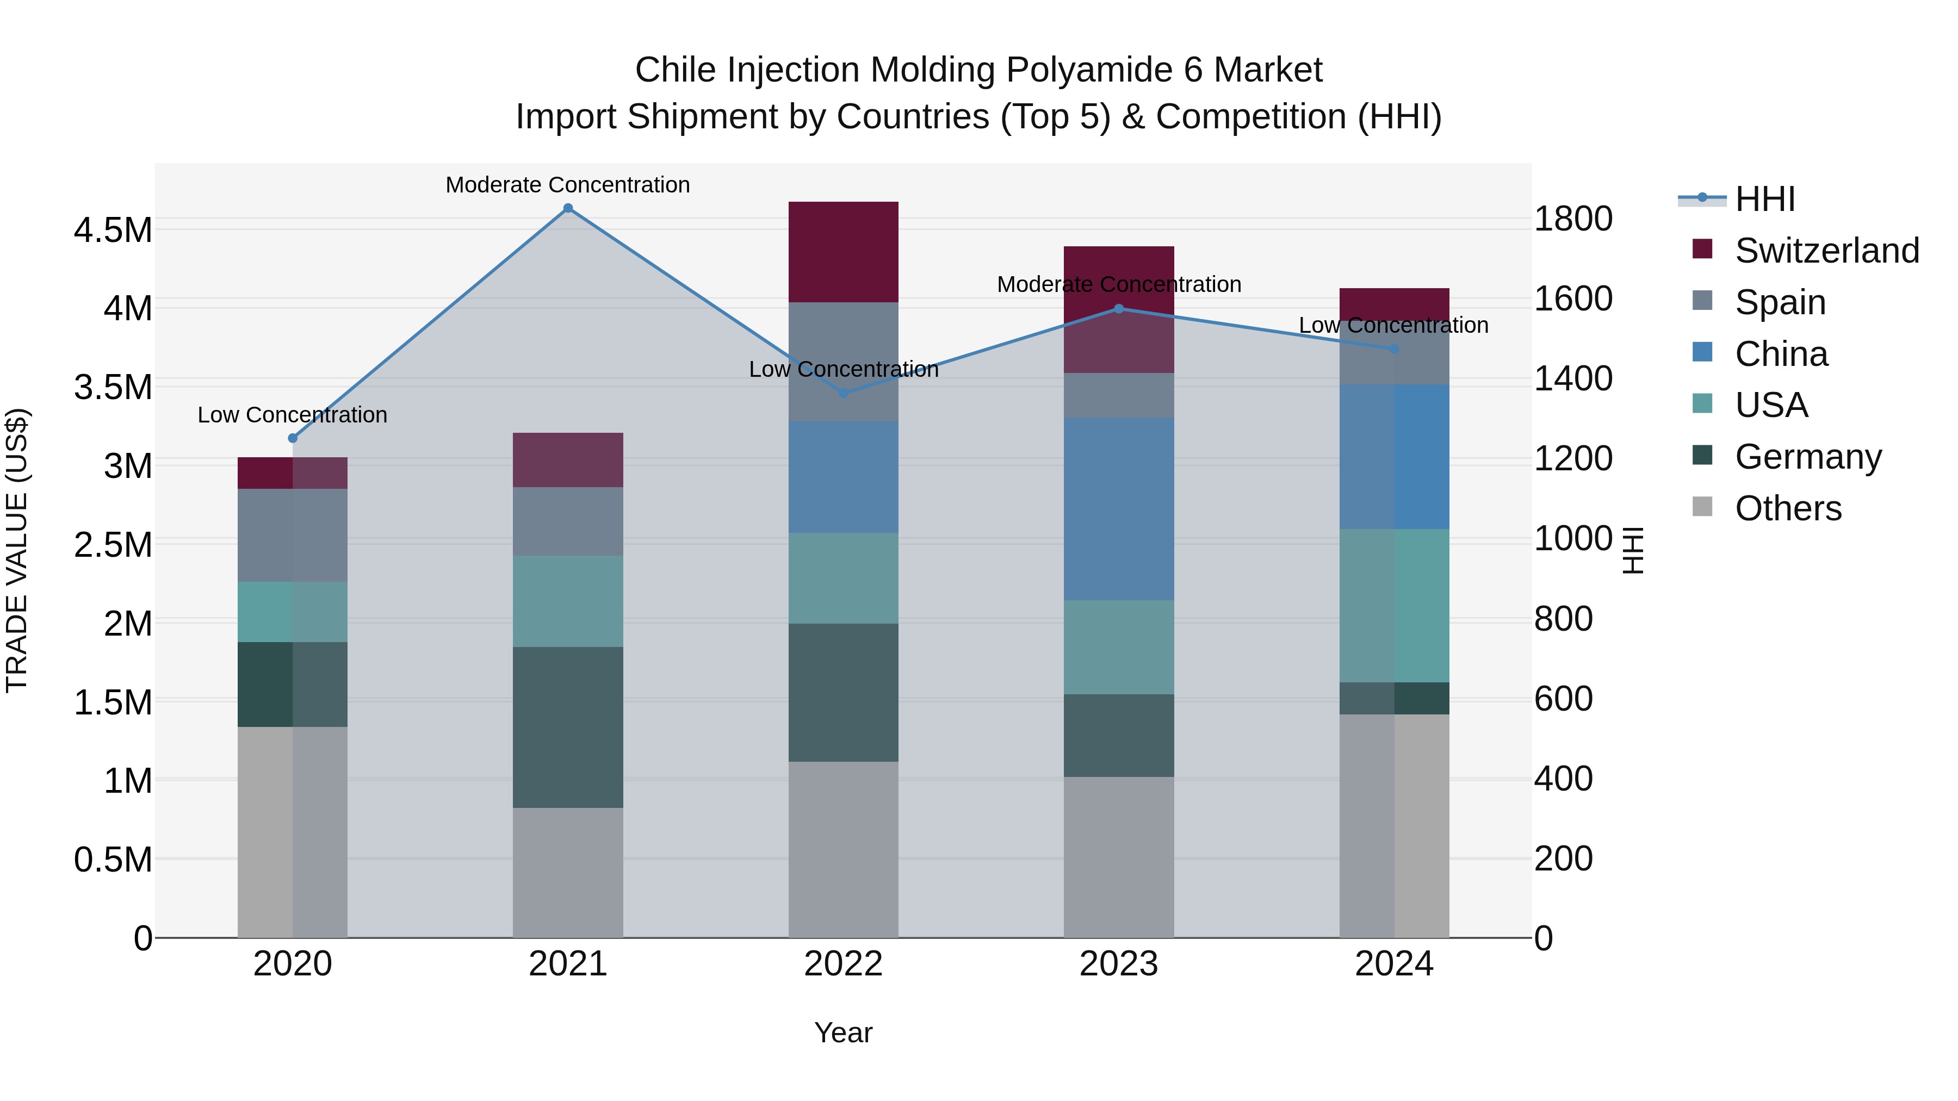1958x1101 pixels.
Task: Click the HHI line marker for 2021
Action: coord(568,208)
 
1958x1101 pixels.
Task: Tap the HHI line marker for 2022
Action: coord(843,393)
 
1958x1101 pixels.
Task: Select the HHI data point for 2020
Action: coord(293,438)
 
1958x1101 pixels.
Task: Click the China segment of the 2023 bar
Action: coord(1118,508)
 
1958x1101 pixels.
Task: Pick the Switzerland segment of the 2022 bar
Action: coord(843,252)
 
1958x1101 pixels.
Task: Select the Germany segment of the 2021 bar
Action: coord(568,726)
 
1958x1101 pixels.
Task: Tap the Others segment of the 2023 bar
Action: coord(1118,856)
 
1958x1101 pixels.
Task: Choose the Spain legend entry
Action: coord(1780,302)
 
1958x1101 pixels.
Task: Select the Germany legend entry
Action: coord(1807,457)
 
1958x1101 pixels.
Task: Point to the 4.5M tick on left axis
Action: coord(113,230)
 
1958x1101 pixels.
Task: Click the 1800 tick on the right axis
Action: coord(1572,219)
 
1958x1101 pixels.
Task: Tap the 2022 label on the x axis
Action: coord(843,964)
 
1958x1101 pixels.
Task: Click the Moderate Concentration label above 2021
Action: coord(568,185)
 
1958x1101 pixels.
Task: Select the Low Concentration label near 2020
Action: coord(293,415)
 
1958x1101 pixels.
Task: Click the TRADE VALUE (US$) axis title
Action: coord(17,550)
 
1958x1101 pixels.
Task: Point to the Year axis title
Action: coord(843,1032)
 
